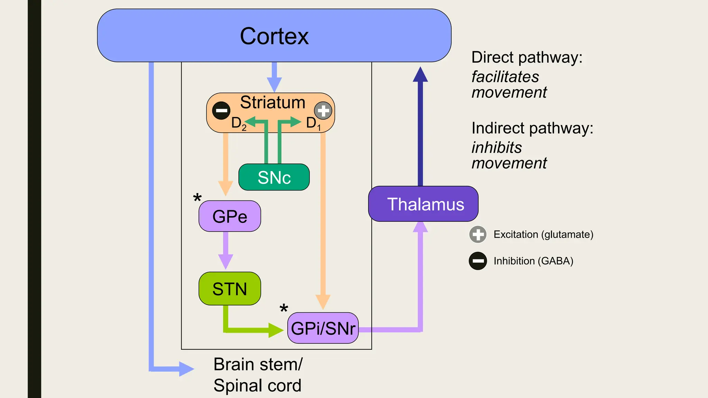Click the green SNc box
[274, 177]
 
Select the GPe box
[230, 216]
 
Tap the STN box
[230, 289]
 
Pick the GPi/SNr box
[323, 328]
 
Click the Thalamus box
[423, 204]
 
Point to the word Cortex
[274, 36]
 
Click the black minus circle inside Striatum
[221, 111]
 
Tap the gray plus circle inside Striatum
[323, 111]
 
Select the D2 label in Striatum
[239, 123]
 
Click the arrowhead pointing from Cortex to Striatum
[274, 85]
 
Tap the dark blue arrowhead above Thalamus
[420, 75]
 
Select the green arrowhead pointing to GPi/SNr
[276, 330]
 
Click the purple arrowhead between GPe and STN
[226, 261]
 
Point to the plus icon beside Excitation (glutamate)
[478, 235]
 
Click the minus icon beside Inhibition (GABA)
[478, 261]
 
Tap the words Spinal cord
[257, 386]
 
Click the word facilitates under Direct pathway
[505, 77]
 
